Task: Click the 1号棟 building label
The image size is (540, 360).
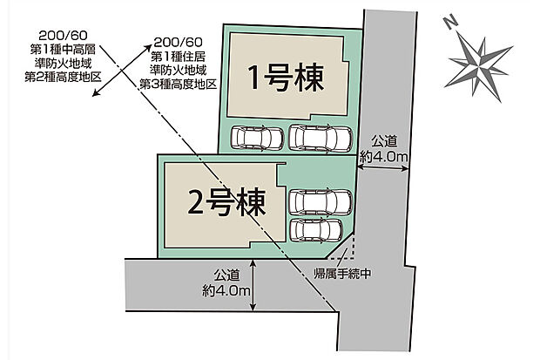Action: click(x=286, y=78)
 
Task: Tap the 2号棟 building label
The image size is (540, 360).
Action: click(x=226, y=203)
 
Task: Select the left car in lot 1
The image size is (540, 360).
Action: click(x=257, y=138)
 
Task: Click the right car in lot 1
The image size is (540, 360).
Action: click(x=321, y=138)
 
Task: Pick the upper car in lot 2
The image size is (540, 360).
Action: click(x=321, y=202)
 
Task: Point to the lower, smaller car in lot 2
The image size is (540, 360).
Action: click(x=316, y=231)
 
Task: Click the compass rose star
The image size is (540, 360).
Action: click(x=478, y=65)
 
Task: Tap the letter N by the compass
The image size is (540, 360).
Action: click(x=450, y=23)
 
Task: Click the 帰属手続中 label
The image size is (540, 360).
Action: click(x=342, y=274)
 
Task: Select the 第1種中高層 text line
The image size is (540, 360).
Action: click(x=63, y=50)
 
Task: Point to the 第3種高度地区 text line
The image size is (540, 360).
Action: click(x=178, y=84)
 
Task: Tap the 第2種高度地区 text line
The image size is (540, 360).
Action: click(x=63, y=77)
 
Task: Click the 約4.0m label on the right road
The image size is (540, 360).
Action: click(x=383, y=157)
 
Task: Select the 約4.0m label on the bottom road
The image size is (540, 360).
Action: click(x=226, y=291)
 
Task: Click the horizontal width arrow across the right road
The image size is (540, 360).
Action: click(x=382, y=168)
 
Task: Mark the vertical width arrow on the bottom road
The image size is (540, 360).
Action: click(x=253, y=285)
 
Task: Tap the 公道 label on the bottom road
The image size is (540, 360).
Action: click(x=226, y=275)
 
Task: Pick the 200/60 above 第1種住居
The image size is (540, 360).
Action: click(x=178, y=43)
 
